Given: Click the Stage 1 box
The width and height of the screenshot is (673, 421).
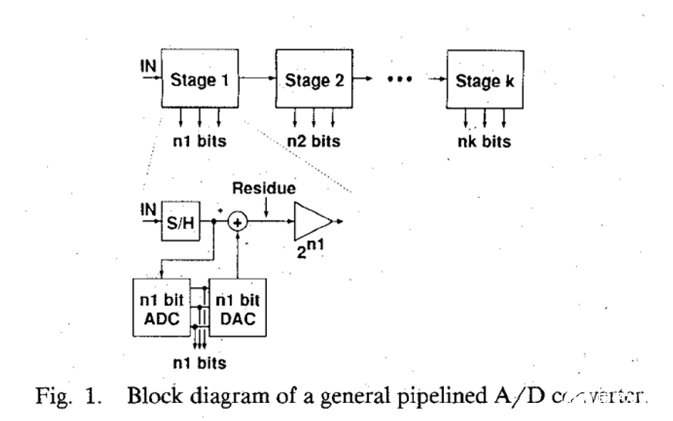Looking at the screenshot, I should [x=200, y=79].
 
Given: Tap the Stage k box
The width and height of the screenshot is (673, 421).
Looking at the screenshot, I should [x=484, y=80].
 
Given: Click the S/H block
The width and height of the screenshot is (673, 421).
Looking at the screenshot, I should [x=179, y=222].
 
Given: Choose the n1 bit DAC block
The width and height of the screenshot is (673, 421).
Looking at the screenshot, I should [x=237, y=308].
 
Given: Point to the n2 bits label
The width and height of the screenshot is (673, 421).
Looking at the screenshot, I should [x=313, y=141].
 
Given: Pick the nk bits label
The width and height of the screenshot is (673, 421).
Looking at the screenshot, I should [x=484, y=141].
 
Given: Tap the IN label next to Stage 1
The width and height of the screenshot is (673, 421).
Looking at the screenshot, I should [x=149, y=67].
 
